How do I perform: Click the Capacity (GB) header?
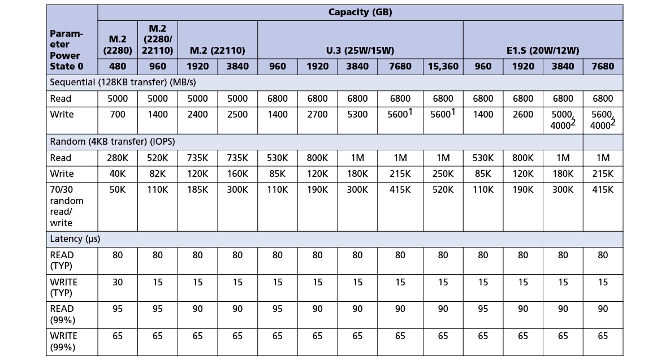360,12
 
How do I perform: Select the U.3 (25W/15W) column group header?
360,50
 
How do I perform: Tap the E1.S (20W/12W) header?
543,50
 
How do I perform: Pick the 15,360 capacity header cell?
443,66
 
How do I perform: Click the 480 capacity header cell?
118,66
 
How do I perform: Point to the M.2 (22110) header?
218,50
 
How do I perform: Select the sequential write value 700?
118,115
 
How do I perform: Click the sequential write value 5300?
357,115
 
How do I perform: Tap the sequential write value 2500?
237,115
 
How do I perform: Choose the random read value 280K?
118,158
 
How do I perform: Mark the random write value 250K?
443,174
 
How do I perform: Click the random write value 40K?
118,174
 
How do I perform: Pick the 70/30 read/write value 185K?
197,190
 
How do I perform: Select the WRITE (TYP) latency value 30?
118,282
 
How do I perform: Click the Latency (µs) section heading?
75,238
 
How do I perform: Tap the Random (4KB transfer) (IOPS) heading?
113,142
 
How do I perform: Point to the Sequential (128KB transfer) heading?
123,83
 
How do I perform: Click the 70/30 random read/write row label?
67,206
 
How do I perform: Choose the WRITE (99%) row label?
64,342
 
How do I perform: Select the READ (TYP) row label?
62,261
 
